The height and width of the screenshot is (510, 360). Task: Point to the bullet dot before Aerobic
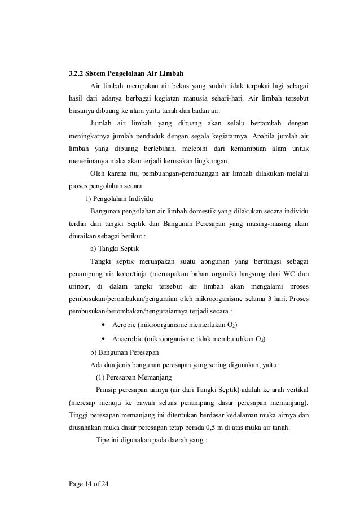click(x=104, y=325)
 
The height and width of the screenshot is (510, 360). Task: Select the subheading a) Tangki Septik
click(x=115, y=249)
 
